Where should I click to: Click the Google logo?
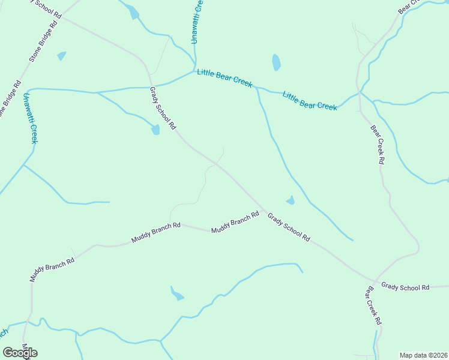click(20, 352)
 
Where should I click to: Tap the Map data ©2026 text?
click(423, 355)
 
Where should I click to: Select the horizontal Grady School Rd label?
click(406, 287)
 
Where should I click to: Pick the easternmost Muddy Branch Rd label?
click(235, 222)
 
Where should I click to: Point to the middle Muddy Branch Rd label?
click(156, 233)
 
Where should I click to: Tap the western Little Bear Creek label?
click(224, 79)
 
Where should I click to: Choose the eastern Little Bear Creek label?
click(310, 100)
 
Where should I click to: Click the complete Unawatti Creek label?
click(30, 118)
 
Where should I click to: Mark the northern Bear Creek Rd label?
click(377, 145)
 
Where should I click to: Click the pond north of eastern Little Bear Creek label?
click(276, 62)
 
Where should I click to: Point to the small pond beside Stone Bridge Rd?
click(61, 56)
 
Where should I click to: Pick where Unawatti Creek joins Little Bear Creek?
click(195, 70)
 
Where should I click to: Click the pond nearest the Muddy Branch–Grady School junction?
click(291, 200)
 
